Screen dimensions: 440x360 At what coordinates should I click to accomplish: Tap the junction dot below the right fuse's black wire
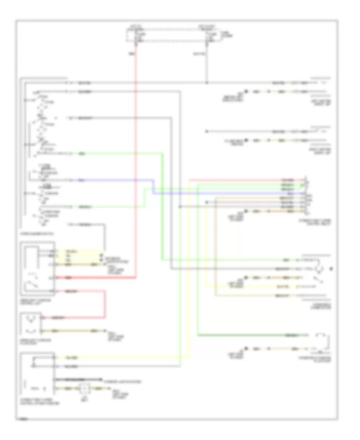[x=206, y=83]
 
